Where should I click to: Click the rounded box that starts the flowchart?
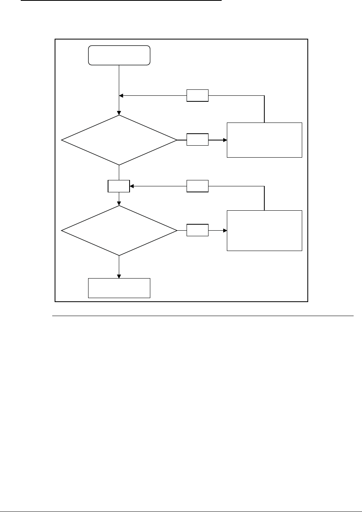click(x=119, y=55)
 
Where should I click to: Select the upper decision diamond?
click(x=119, y=140)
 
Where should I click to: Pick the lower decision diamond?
click(x=119, y=231)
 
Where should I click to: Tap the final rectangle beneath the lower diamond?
click(x=119, y=288)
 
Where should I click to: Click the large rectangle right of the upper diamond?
click(x=264, y=140)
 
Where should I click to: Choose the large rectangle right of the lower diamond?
click(x=264, y=230)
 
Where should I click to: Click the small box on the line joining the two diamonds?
click(x=119, y=186)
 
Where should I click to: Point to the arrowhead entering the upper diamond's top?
click(x=119, y=113)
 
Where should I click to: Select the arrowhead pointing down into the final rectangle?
click(x=119, y=276)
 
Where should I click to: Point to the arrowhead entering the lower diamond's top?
click(x=119, y=204)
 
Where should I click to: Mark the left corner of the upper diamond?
click(x=61, y=140)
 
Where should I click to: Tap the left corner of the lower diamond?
click(x=61, y=231)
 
